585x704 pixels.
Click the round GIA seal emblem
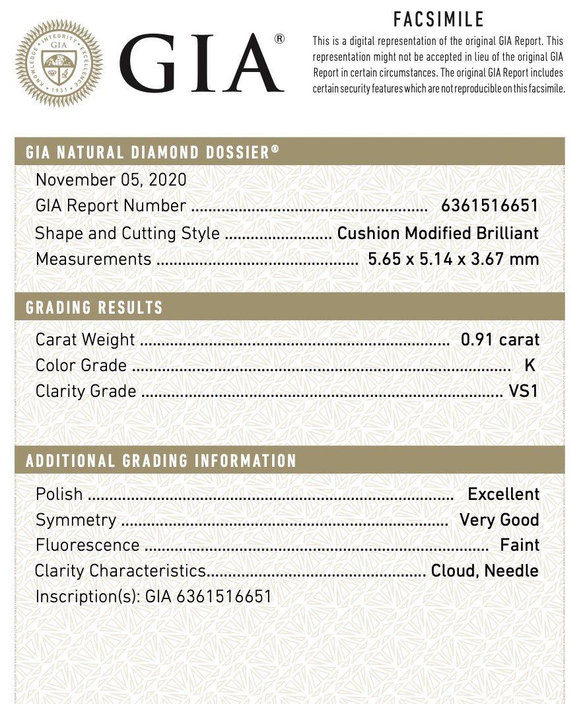(x=59, y=63)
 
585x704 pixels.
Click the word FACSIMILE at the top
(x=439, y=19)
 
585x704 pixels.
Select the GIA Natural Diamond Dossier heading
(x=153, y=153)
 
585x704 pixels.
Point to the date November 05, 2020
(x=111, y=180)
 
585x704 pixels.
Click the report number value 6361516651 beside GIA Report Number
(x=490, y=206)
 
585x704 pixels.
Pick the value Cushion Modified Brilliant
(x=438, y=233)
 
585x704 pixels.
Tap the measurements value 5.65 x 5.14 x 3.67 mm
(x=453, y=259)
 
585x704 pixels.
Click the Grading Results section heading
(x=94, y=308)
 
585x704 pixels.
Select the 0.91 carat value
(x=500, y=340)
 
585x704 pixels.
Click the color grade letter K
(x=529, y=366)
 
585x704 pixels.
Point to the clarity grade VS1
(x=524, y=392)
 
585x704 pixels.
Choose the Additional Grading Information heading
(x=161, y=461)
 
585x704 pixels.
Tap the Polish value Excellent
(x=503, y=494)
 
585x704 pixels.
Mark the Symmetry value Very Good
(x=499, y=520)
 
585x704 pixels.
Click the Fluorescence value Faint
(x=520, y=546)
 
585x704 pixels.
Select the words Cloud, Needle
(x=485, y=571)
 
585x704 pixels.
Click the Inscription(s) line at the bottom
(x=153, y=597)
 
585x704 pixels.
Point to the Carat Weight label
(x=85, y=340)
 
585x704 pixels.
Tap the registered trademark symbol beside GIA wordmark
(x=279, y=38)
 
